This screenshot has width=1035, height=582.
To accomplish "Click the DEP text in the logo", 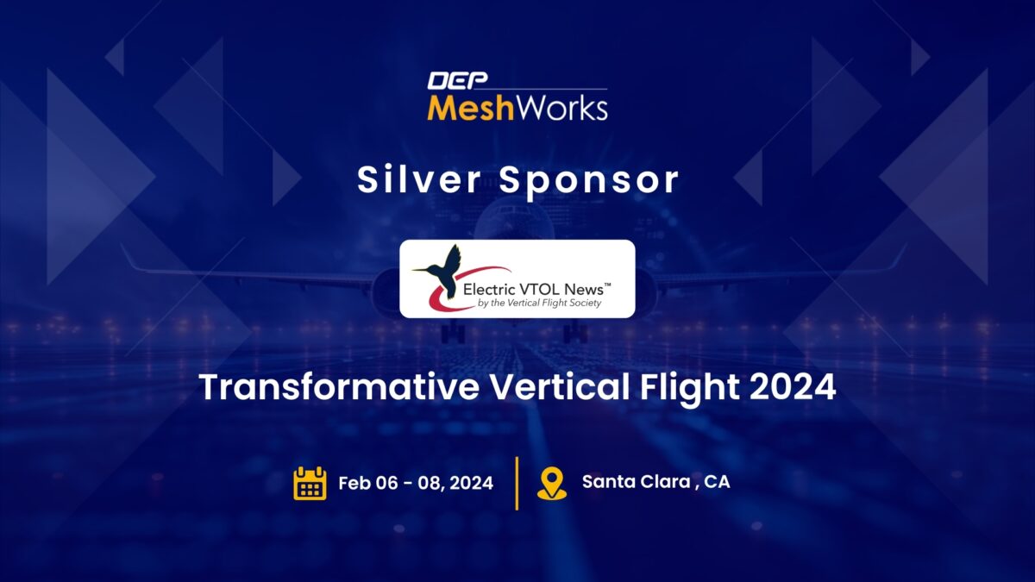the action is coord(457,80).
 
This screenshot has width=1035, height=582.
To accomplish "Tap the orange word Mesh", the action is coord(471,108).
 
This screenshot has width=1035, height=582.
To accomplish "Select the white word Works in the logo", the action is coord(561,108).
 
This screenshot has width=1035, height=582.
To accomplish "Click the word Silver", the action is coord(419,179).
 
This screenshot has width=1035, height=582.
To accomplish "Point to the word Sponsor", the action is coord(589,181).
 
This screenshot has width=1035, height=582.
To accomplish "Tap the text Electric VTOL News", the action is coord(533,290).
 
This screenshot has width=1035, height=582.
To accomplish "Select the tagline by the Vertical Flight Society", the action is coord(539,303).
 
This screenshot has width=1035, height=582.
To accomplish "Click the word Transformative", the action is coord(339,387).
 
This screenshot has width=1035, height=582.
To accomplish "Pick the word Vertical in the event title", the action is coord(560,386).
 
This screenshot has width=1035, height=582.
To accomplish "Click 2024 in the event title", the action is coord(793,387).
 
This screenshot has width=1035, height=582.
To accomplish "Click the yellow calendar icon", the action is coord(310,483).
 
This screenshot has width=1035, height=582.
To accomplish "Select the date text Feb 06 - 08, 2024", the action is coord(416,483).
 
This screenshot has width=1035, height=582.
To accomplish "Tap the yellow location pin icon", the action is coord(552,483).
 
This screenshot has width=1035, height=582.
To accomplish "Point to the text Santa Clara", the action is coord(637,482).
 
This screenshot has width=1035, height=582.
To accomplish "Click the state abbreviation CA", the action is coord(717,482).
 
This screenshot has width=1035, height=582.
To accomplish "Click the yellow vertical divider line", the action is coord(517,483).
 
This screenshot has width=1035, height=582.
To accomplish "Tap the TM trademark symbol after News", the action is coord(607,285).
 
